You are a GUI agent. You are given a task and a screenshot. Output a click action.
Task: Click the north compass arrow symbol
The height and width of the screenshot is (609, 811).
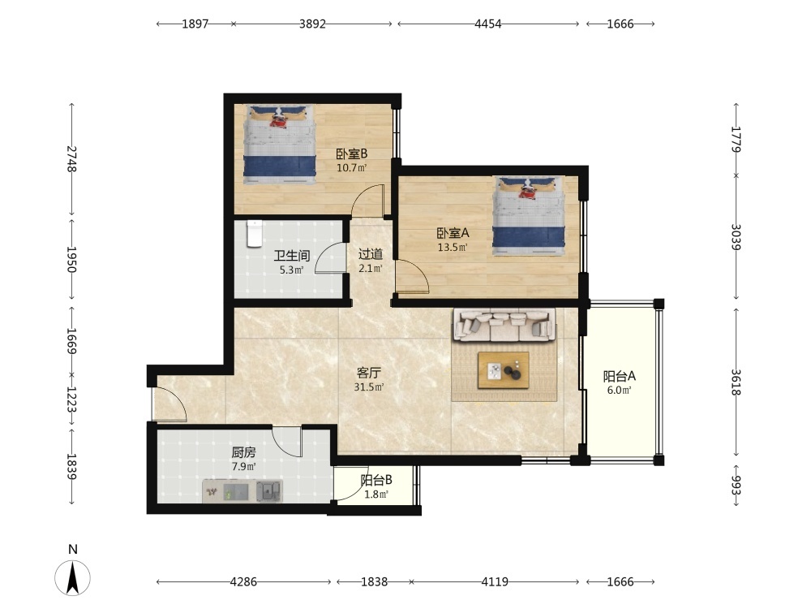point(73,577)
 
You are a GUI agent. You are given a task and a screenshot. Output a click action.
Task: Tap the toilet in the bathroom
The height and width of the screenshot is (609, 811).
point(254,234)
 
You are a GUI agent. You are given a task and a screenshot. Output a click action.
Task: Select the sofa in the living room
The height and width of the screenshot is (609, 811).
point(504,326)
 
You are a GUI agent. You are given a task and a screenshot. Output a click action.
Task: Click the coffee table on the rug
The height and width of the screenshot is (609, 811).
point(504,369)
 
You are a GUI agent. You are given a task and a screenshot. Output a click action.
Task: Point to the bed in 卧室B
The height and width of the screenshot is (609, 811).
point(280,145)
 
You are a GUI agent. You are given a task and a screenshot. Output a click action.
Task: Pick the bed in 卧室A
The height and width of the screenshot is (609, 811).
point(529,216)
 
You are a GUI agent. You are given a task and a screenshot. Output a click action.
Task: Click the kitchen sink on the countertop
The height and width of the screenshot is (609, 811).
point(269,490)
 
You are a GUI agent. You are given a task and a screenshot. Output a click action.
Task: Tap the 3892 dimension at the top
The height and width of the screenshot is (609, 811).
point(312,24)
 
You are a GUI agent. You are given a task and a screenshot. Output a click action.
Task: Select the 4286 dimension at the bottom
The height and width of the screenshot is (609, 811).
point(243,581)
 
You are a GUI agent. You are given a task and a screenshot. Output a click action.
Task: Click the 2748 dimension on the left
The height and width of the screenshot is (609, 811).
point(72,159)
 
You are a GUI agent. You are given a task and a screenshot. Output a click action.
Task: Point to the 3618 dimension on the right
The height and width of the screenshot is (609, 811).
point(736,382)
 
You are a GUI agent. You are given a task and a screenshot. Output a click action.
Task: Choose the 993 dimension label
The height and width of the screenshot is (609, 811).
point(736,486)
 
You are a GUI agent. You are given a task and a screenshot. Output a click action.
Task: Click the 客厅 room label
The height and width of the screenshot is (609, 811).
point(369,373)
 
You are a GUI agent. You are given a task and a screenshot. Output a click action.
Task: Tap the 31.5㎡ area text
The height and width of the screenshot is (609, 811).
point(369,387)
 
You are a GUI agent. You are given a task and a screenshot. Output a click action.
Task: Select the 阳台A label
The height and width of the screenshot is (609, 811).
point(619,377)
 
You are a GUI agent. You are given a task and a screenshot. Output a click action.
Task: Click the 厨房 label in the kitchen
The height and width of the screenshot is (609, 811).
point(243,452)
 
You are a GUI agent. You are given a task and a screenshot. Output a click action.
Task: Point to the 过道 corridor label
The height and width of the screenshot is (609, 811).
point(371,254)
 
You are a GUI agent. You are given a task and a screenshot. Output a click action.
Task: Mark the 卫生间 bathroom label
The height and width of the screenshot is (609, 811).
point(292,256)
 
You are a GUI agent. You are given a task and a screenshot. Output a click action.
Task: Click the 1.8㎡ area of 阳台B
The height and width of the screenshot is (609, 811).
point(376,495)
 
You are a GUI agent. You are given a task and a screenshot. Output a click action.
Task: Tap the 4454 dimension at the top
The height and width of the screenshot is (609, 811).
point(487,24)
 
